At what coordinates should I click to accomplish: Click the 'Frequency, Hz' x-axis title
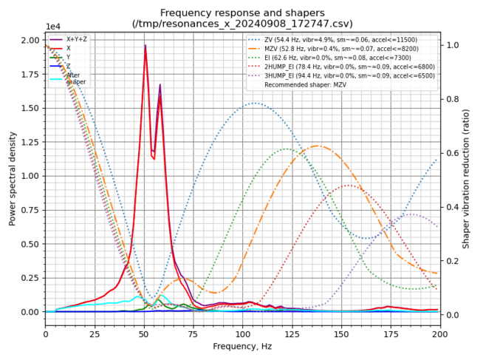[243, 346]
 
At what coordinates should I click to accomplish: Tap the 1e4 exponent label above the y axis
[54, 26]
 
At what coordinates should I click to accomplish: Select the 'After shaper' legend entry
[74, 78]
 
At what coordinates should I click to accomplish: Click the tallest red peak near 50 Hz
[145, 46]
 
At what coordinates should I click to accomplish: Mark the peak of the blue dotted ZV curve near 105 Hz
[255, 103]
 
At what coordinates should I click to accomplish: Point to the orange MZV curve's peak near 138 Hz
[318, 146]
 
